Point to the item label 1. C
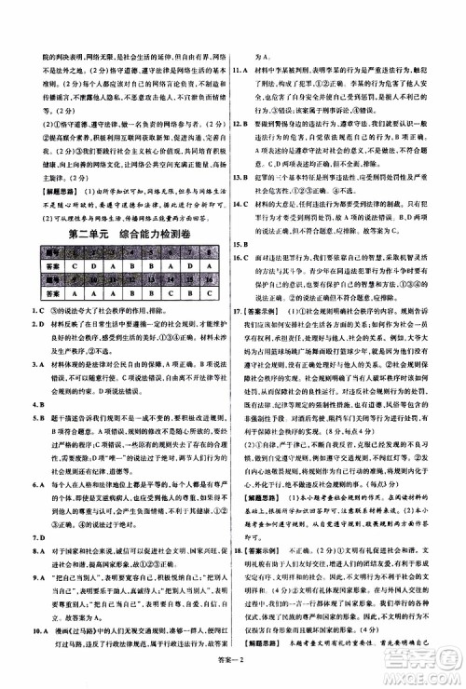point(36,308)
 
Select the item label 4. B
point(36,405)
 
